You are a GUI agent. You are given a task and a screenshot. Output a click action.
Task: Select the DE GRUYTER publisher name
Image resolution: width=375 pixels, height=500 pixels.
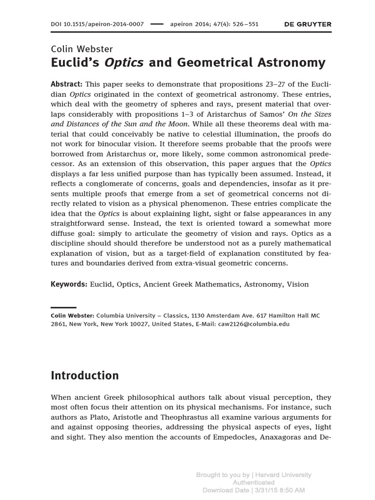click(308, 24)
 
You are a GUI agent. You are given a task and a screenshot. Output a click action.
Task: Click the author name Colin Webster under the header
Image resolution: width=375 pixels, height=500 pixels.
click(82, 49)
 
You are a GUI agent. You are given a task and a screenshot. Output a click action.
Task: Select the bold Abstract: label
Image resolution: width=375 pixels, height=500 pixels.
click(66, 83)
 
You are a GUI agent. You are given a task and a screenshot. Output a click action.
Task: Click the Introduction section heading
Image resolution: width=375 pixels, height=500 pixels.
click(85, 375)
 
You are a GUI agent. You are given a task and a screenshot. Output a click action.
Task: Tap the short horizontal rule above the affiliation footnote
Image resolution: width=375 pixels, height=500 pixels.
click(63, 308)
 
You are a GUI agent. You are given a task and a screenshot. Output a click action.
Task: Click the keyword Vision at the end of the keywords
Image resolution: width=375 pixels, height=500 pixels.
click(298, 284)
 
